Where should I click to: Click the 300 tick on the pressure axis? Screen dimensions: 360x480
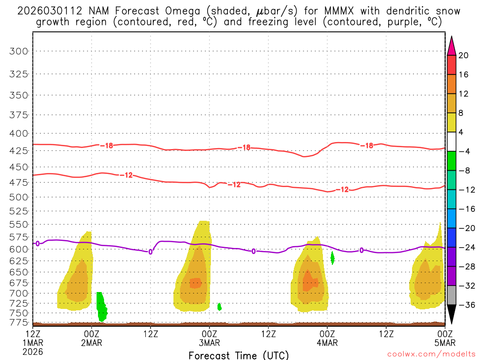pos(19,51)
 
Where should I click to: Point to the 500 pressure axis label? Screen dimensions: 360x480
pos(19,196)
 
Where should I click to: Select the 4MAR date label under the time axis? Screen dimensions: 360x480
pos(327,343)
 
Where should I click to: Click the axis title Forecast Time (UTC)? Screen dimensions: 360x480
pos(239,355)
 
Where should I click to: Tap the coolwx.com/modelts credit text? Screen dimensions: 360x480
pos(431,355)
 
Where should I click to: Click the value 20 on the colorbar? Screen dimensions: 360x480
pos(464,55)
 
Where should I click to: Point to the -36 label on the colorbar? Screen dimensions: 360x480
pos(465,305)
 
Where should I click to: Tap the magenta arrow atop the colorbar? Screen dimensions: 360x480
pos(451,45)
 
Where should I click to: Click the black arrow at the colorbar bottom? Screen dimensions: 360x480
pos(451,314)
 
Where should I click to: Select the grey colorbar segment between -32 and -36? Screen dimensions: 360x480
pos(451,295)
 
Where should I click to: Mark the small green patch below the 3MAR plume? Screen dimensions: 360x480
pos(219,307)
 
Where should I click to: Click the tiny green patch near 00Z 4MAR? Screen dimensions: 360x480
pos(332,257)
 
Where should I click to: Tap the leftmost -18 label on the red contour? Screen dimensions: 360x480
pos(107,146)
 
